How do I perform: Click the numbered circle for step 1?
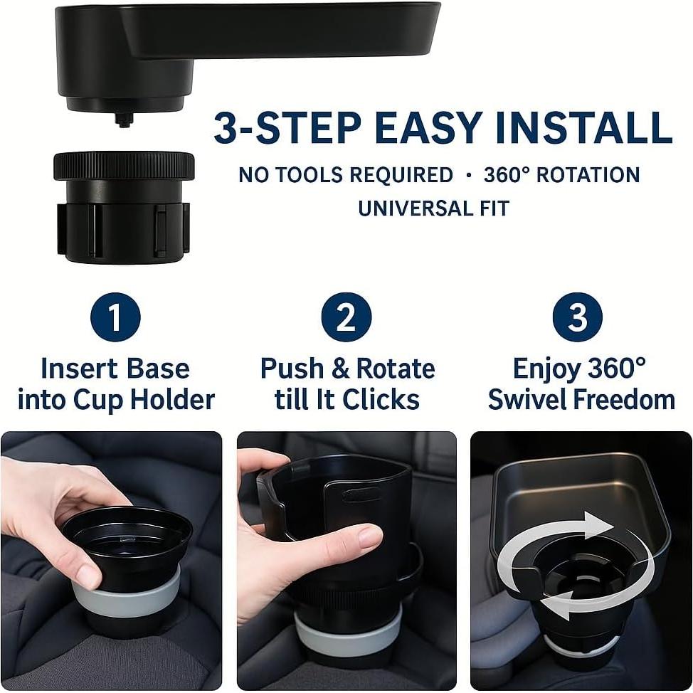[x=115, y=317]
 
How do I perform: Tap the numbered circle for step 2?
[x=346, y=317]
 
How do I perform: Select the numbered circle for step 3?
[x=578, y=317]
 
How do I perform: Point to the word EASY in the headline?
[x=428, y=128]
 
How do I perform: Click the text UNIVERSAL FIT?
[x=434, y=208]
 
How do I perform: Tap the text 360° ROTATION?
[x=561, y=174]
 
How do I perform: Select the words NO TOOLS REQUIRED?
[x=346, y=174]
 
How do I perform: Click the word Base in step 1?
[x=158, y=369]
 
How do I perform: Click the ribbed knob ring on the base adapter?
[x=124, y=166]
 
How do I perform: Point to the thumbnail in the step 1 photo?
[x=85, y=575]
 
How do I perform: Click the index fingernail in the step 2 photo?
[x=369, y=537]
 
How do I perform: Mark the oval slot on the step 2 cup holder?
[x=362, y=495]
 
